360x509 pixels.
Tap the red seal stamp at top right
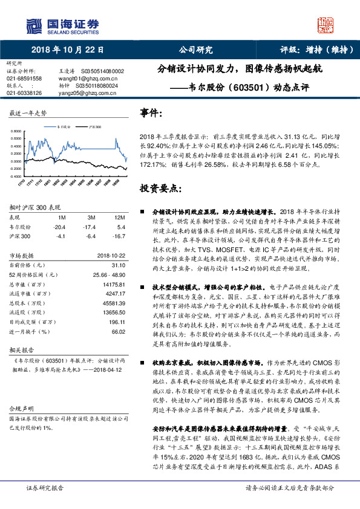pos(326,25)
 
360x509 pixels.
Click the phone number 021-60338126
pos(24,93)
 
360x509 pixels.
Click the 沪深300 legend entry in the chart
pos(94,128)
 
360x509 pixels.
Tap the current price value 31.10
pos(118,265)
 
